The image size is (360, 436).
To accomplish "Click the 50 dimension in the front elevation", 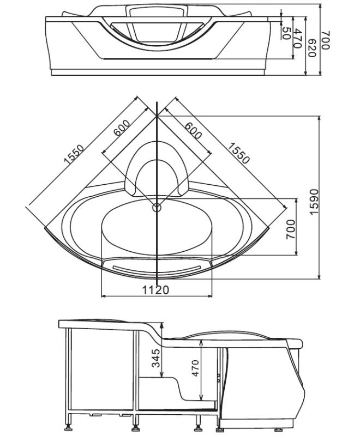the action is tap(286, 33).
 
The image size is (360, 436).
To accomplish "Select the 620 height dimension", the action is tap(312, 48).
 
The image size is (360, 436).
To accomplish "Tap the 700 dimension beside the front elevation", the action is tap(325, 40).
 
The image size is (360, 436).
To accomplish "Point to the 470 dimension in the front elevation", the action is tap(297, 39).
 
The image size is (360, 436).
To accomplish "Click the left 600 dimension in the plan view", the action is tap(122, 128).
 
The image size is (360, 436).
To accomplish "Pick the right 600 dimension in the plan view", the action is tap(193, 130).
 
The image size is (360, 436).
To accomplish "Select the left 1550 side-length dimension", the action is tap(74, 154).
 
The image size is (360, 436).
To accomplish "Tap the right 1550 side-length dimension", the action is tap(239, 153).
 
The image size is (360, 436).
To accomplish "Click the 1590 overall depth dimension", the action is tap(314, 202).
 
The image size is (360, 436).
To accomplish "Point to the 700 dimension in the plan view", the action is tap(290, 229).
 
